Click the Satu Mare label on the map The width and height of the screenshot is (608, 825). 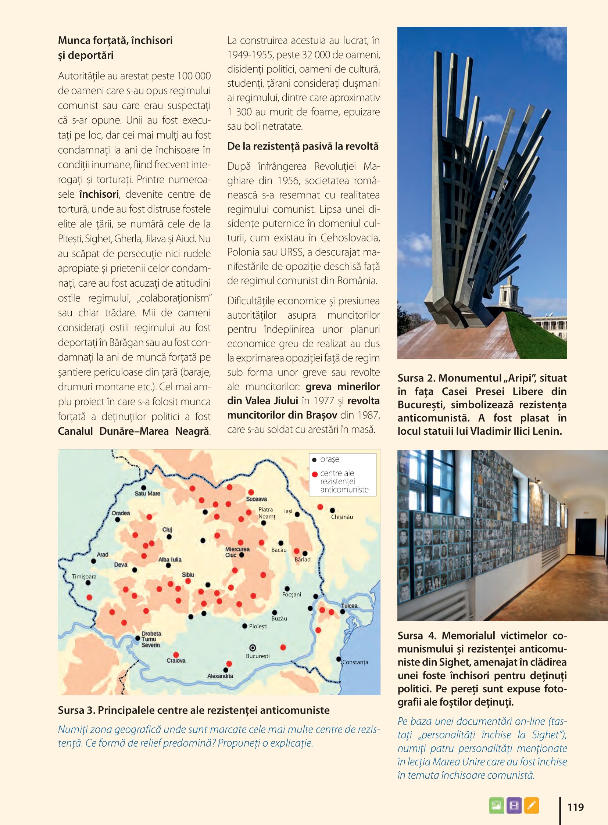coord(147,494)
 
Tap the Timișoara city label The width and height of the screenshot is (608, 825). coord(84,577)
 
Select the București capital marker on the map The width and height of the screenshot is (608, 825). coord(253,648)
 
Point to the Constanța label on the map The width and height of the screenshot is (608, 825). coord(355,662)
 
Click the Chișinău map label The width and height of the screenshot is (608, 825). coord(342,517)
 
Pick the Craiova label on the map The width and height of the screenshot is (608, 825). coord(176,660)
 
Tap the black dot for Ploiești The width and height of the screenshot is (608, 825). coord(245,626)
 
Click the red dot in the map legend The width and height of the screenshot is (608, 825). coord(315,474)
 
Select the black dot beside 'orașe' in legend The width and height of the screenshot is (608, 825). coord(314,460)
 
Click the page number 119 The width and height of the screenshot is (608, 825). coord(576,807)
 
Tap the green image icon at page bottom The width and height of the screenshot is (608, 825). coord(496,805)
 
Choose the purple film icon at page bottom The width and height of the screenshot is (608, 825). coord(514,805)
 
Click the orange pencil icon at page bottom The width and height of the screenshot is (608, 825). coord(532,805)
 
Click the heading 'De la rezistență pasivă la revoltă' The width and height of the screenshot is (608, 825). coord(303,147)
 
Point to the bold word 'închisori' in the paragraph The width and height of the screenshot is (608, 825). coord(99,194)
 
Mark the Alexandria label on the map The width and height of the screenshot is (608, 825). coord(220,676)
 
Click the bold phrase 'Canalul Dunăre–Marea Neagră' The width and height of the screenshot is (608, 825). coord(133,431)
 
